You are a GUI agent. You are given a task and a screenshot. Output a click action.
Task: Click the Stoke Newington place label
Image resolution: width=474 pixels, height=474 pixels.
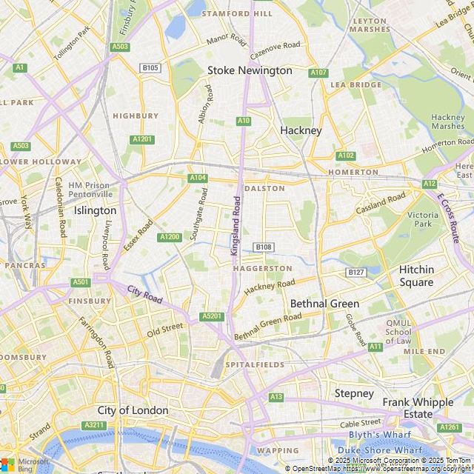250,70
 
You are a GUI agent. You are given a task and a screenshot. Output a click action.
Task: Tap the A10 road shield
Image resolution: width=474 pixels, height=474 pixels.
244,120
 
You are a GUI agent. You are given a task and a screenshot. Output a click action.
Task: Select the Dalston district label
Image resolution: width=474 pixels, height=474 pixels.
264,188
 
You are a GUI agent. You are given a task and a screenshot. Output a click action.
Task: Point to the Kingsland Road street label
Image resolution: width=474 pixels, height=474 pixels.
236,226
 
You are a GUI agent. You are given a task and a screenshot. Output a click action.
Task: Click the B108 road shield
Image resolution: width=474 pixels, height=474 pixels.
263,247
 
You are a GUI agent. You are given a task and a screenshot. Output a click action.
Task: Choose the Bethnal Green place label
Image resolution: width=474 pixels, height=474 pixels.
324,304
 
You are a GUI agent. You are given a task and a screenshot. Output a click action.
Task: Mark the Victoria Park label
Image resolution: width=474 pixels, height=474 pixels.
423,218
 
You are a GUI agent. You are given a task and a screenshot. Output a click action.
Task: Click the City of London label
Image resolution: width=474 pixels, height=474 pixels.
133,410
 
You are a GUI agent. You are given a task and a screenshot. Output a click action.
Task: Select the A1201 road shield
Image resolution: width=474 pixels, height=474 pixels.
142,139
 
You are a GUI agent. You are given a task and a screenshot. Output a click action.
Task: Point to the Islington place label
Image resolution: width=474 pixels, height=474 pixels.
95,210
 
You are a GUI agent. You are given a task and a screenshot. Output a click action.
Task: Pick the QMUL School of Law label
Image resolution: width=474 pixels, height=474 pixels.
398,332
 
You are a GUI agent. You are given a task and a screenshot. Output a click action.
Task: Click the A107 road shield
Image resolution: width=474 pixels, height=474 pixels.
319,73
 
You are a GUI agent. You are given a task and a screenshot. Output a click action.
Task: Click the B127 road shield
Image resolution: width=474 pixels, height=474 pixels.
357,273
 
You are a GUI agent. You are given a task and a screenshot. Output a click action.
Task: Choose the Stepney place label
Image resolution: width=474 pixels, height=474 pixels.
354,393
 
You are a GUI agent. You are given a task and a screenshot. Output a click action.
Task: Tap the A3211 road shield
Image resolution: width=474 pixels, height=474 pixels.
94,425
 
